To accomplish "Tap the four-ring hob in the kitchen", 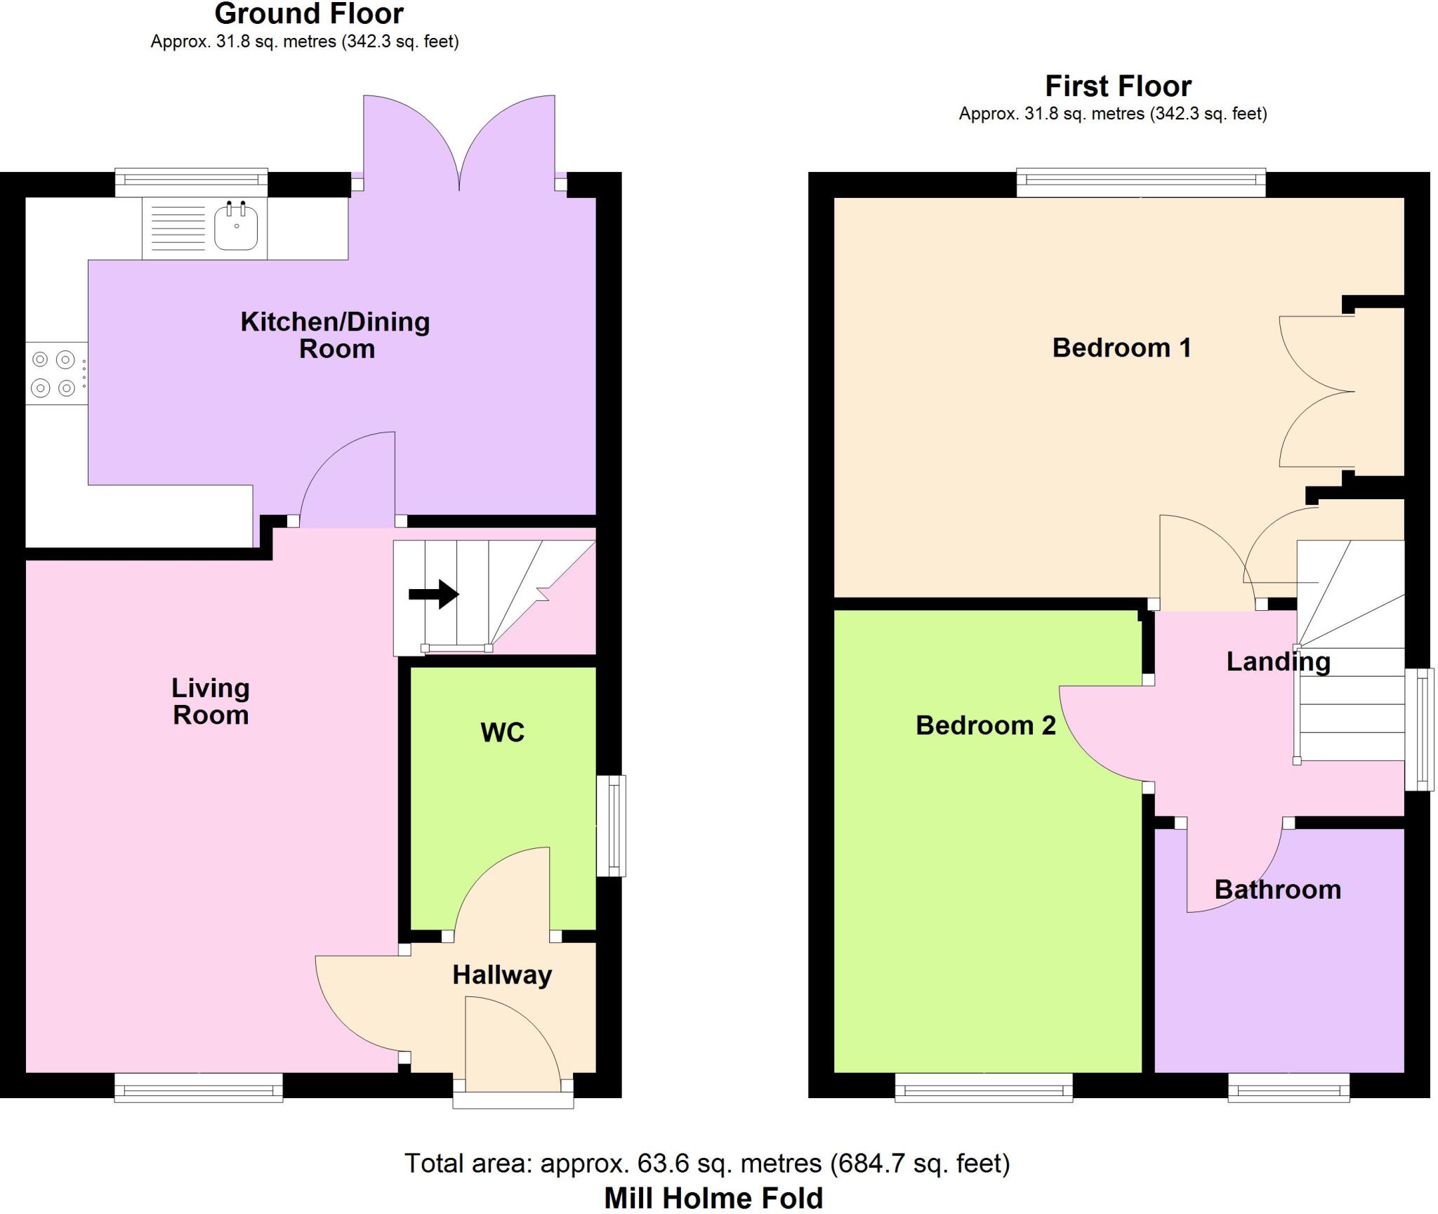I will coord(54,374).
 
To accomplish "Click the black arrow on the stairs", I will coord(434,594).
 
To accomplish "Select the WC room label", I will coord(502,732).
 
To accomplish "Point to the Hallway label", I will coord(502,975).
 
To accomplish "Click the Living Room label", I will coord(211,701).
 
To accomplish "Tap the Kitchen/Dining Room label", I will coord(336,335).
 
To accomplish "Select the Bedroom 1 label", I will coord(1121,348).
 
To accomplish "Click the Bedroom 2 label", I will coord(985,725).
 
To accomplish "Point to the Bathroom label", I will coord(1277,890).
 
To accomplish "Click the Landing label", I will coord(1278,661).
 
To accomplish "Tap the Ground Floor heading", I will coord(309,14).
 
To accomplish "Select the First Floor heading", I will coord(1118,86).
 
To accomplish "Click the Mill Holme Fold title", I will coord(713,1198).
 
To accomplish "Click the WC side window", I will coord(612,826).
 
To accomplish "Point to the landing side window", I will coord(1418,730).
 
